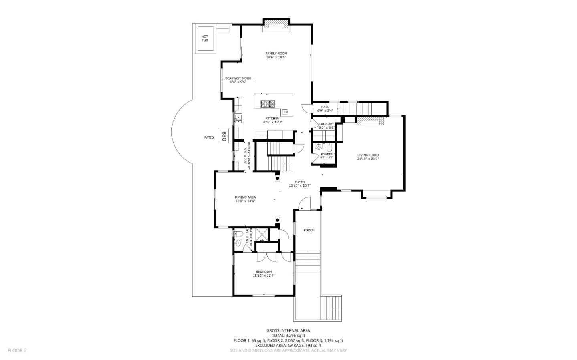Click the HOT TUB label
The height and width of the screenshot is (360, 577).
pyautogui.click(x=205, y=38)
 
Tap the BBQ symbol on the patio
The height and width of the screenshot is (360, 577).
pyautogui.click(x=224, y=135)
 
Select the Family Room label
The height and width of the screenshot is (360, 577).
pyautogui.click(x=276, y=53)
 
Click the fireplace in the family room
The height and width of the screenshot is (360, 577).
pyautogui.click(x=276, y=24)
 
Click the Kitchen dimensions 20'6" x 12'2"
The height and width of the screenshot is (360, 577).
pyautogui.click(x=272, y=123)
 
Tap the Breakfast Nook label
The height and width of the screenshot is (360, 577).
pyautogui.click(x=238, y=78)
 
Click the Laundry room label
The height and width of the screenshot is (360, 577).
pyautogui.click(x=326, y=124)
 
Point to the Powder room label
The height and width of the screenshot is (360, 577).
pyautogui.click(x=327, y=154)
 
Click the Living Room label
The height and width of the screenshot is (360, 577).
pyautogui.click(x=368, y=155)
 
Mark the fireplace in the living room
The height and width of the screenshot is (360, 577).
pyautogui.click(x=371, y=121)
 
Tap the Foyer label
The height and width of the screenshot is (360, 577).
pyautogui.click(x=300, y=182)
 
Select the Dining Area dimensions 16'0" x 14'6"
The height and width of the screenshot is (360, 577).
pyautogui.click(x=245, y=201)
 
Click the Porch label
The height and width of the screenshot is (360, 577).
pyautogui.click(x=309, y=230)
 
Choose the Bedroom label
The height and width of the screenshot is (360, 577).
pyautogui.click(x=264, y=272)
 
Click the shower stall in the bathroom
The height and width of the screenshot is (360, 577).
pyautogui.click(x=262, y=234)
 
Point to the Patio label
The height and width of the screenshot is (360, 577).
pyautogui.click(x=209, y=137)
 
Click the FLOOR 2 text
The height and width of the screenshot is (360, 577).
pyautogui.click(x=17, y=350)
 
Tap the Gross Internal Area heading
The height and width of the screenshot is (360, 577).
pyautogui.click(x=288, y=330)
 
